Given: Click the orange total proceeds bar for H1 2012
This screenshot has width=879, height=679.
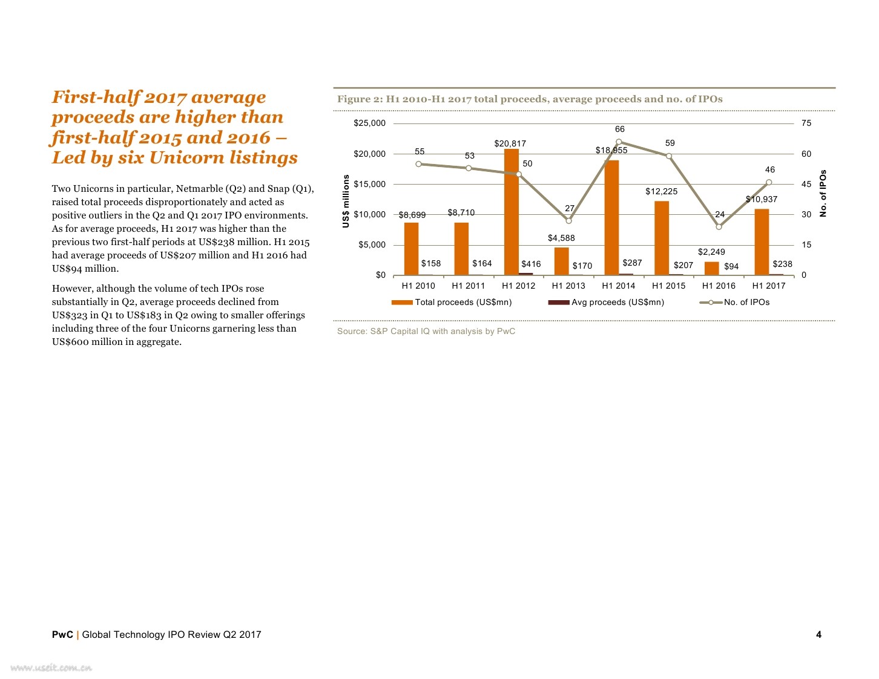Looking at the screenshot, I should click(511, 212).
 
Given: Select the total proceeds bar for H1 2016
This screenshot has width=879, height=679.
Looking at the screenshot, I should click(711, 268).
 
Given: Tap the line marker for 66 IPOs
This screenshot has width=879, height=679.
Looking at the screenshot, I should click(619, 142).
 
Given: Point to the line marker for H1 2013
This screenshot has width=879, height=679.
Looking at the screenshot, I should click(568, 221).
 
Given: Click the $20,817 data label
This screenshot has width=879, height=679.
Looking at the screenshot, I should click(510, 143).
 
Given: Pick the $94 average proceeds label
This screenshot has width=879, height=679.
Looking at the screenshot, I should click(731, 266).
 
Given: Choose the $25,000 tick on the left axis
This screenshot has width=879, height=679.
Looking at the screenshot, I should click(369, 123).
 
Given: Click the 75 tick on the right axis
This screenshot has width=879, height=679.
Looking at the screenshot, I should click(806, 123).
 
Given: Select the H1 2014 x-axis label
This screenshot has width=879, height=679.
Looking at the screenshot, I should click(618, 286).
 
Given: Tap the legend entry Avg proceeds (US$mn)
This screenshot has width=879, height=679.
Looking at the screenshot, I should click(617, 302).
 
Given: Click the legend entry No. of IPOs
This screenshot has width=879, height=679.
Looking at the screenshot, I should click(746, 302).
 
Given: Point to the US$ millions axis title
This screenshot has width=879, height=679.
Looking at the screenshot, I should click(346, 201).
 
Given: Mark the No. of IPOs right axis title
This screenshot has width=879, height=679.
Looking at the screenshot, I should click(823, 193).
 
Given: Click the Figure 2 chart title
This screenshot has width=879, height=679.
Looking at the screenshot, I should click(530, 99).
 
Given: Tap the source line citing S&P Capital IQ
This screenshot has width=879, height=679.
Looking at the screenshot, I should click(426, 331).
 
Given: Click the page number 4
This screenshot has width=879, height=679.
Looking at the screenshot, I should click(818, 634).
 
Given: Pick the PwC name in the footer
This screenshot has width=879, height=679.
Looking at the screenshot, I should click(62, 634).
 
